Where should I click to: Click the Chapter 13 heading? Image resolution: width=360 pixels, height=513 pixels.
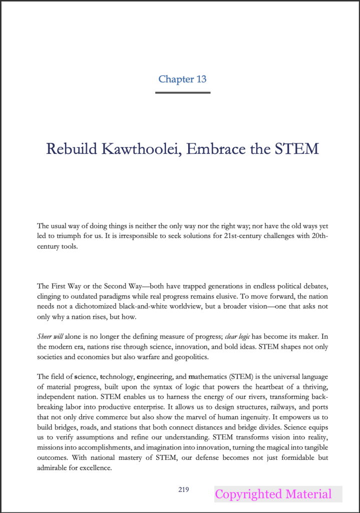click(x=182, y=79)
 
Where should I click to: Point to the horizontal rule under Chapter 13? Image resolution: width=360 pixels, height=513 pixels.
click(x=182, y=92)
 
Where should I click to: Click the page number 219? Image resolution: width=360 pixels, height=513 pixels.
click(x=183, y=489)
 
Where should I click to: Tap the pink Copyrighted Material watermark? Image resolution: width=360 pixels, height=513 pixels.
click(x=273, y=494)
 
